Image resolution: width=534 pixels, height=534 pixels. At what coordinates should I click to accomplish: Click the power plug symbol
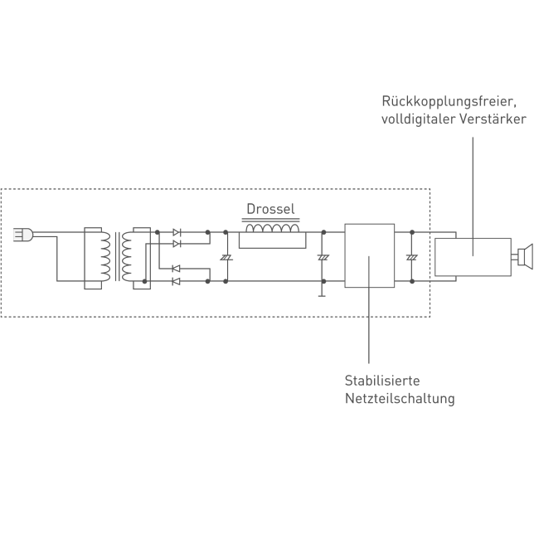[x=22, y=235]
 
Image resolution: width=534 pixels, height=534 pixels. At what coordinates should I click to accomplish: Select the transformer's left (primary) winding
[x=104, y=256]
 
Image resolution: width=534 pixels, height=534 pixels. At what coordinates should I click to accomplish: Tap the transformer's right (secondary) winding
[x=127, y=256]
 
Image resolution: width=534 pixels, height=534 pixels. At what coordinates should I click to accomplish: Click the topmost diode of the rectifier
[x=176, y=233]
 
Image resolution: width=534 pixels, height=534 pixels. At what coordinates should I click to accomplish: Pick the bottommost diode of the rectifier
[x=176, y=281]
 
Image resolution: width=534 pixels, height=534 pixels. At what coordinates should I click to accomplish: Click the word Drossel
[x=270, y=209]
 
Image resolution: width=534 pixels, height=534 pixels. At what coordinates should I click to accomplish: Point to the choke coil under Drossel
[x=271, y=229]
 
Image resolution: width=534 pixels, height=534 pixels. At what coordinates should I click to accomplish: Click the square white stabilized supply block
[x=370, y=255]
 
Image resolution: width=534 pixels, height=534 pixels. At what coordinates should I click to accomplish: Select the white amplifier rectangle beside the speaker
[x=472, y=256]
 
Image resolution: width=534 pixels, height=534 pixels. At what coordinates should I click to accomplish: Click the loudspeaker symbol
[x=523, y=256]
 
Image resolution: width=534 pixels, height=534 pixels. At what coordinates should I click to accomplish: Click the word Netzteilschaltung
[x=400, y=399]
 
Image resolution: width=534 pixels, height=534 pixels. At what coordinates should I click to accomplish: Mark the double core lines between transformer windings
[x=116, y=256]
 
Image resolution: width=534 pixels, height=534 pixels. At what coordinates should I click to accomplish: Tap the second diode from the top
[x=176, y=245]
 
